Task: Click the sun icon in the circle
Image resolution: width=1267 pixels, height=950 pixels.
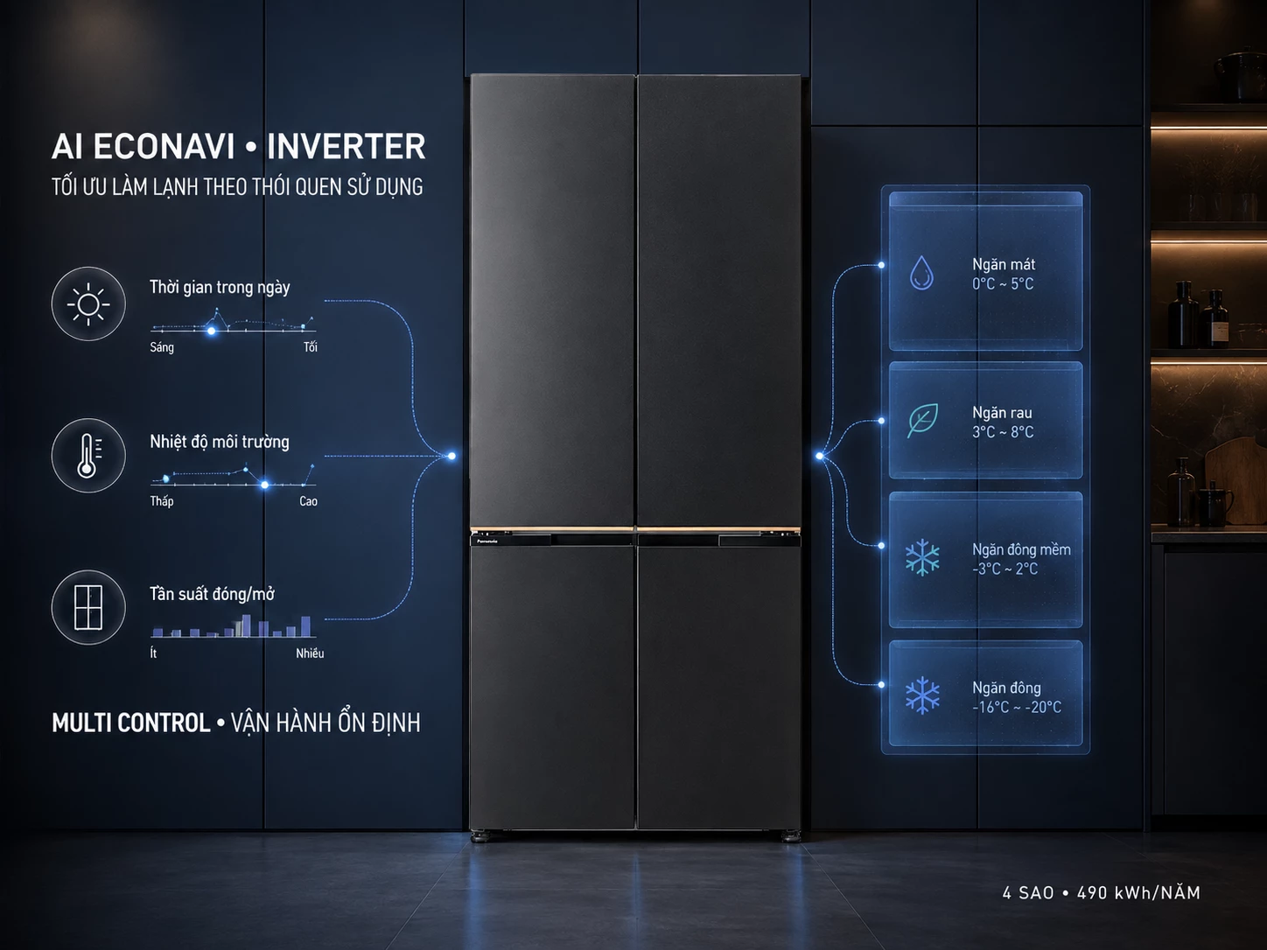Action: [x=88, y=304]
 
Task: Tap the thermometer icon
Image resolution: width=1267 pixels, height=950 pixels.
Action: [x=88, y=456]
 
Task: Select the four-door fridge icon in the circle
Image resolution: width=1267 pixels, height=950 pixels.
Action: [x=88, y=607]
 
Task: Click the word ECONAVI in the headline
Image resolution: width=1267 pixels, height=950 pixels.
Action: [x=164, y=146]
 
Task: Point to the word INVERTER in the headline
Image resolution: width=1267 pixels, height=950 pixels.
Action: [x=346, y=146]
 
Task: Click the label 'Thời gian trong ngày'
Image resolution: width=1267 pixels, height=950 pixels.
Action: [x=220, y=287]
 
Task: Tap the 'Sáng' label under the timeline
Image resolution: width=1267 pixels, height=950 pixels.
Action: [x=162, y=347]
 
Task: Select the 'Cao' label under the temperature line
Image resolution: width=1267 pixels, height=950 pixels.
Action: [x=308, y=501]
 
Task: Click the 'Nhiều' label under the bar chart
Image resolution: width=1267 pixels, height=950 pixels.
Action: [x=310, y=653]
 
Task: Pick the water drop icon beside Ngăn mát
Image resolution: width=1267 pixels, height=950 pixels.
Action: [x=922, y=272]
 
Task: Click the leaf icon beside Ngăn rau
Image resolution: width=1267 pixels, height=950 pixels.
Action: [x=922, y=420]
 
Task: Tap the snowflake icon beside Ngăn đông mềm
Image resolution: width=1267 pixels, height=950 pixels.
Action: [x=922, y=558]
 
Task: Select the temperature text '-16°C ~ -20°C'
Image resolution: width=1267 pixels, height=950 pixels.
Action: [x=1017, y=707]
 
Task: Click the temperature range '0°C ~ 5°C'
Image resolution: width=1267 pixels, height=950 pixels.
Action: [x=1003, y=283]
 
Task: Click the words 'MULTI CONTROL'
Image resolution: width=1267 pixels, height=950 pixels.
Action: [x=131, y=723]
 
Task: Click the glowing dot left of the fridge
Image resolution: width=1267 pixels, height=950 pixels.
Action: [x=451, y=457]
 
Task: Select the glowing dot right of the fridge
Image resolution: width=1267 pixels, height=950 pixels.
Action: [x=820, y=457]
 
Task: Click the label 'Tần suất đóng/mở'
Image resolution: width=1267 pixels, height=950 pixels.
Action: [x=212, y=594]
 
